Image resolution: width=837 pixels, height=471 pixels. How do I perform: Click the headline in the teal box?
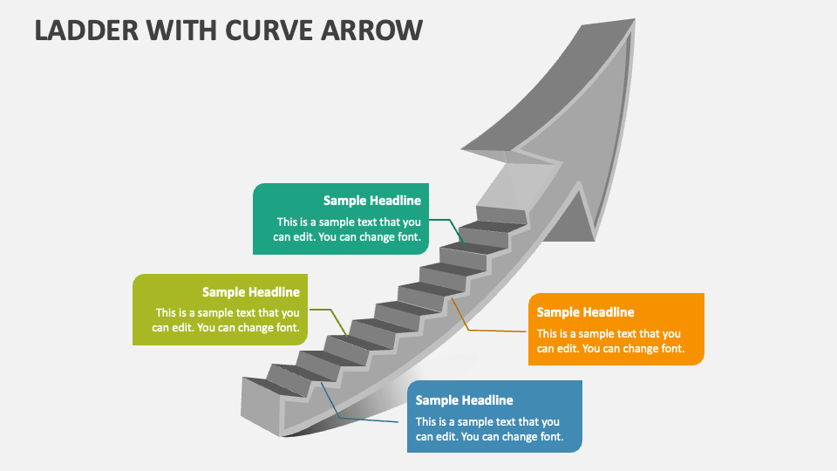(x=371, y=201)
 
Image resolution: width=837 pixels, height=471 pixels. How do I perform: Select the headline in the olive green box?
(x=250, y=292)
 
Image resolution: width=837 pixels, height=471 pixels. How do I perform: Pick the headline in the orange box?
(x=585, y=312)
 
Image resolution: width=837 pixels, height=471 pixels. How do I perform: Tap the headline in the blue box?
(x=464, y=400)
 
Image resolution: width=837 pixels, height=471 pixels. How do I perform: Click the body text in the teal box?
(x=348, y=229)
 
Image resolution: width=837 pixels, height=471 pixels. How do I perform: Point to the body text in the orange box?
(x=609, y=341)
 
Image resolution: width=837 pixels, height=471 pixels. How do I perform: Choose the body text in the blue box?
(x=488, y=429)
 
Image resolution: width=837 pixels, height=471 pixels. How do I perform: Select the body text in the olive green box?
(x=227, y=320)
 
